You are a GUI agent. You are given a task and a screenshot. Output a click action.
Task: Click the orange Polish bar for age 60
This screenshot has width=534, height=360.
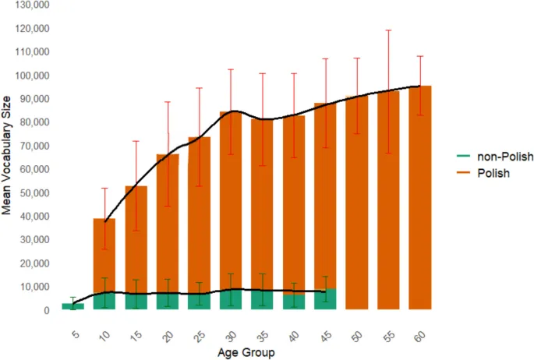(420, 195)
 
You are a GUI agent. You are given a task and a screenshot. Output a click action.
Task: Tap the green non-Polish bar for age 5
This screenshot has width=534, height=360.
(73, 306)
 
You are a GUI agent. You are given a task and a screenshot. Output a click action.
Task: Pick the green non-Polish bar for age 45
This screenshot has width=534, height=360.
(326, 299)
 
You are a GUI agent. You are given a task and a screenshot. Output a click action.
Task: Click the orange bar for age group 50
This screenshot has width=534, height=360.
(357, 203)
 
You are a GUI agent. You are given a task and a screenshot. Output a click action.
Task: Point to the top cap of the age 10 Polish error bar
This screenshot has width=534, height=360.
(104, 188)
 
